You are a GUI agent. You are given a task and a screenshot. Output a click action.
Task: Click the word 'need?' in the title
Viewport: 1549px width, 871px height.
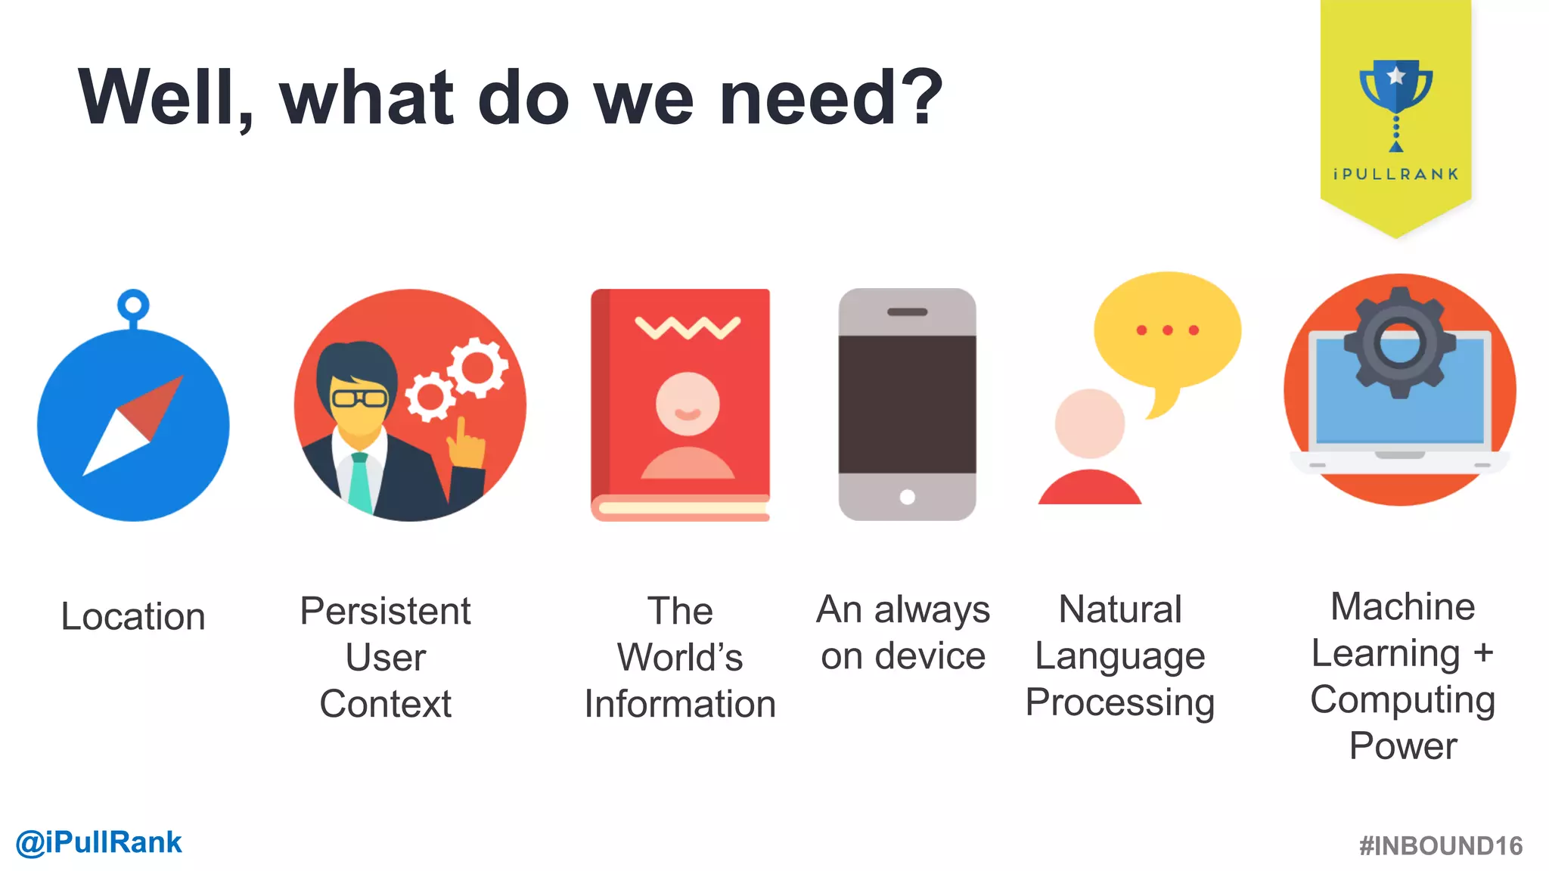click(x=830, y=98)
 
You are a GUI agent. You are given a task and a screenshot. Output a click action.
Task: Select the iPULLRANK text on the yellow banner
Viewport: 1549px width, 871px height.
click(x=1395, y=175)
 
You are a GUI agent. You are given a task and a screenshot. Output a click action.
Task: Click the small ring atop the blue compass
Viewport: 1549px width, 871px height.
click(x=133, y=305)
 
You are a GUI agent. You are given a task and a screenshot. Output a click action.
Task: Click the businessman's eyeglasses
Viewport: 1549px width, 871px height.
click(x=359, y=398)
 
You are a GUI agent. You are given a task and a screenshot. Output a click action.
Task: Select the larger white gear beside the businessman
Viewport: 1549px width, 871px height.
click(x=477, y=367)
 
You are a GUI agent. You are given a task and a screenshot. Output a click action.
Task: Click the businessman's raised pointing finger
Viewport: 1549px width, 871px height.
click(x=461, y=432)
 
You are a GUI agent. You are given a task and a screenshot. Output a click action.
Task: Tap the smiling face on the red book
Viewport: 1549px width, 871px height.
click(x=688, y=404)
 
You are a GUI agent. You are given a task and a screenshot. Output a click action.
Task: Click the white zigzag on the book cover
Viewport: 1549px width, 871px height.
click(x=688, y=328)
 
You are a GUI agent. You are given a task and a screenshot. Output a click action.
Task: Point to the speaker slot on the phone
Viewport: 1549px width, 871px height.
click(x=907, y=312)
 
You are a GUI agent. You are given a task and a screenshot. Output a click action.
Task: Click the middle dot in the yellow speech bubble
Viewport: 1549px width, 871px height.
click(x=1168, y=330)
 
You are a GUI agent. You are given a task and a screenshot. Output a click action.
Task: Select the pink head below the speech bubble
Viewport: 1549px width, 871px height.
click(x=1089, y=423)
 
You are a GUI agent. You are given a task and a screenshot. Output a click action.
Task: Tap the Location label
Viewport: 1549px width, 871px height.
click(x=133, y=616)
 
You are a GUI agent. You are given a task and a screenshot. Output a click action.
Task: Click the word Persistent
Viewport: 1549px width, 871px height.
click(x=385, y=611)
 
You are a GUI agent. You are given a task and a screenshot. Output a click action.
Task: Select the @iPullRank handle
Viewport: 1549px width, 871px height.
click(x=99, y=842)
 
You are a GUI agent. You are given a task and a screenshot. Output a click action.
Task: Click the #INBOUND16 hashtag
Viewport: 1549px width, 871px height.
click(x=1440, y=845)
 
